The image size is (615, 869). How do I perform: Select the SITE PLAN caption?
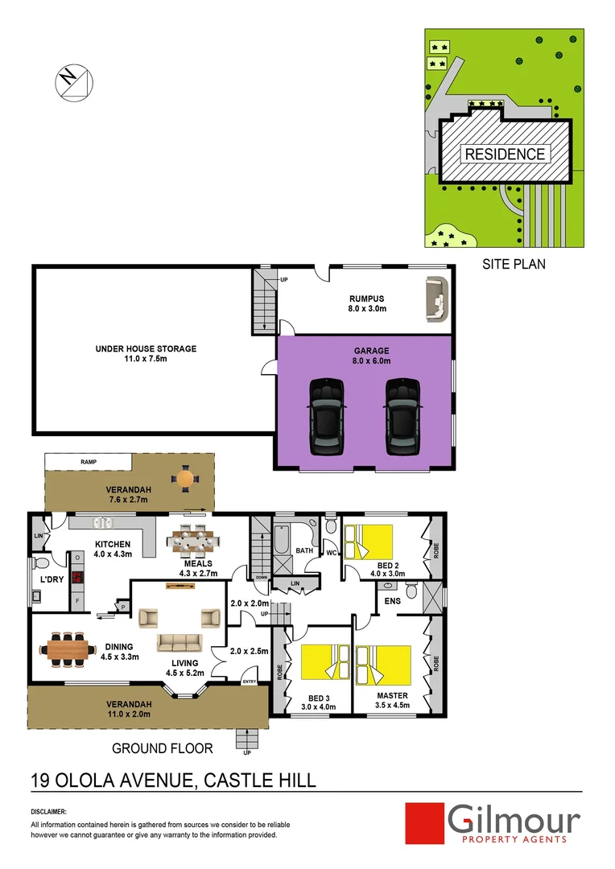pos(513,263)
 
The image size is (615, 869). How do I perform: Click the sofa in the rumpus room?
pos(435,299)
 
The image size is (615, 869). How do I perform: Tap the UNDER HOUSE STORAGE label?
pos(146,354)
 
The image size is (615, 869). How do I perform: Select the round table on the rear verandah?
pos(185,478)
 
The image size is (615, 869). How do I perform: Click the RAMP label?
pos(89,462)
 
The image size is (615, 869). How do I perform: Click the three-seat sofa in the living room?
pos(180,642)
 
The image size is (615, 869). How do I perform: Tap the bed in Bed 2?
pos(369,541)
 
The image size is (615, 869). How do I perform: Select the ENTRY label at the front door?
pos(250,682)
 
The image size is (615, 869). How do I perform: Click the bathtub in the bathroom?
pos(282,540)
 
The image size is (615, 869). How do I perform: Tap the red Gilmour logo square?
pos(425,822)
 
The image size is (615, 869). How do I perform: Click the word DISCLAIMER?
pos(48,813)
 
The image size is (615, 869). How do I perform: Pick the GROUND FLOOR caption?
pos(163,748)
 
